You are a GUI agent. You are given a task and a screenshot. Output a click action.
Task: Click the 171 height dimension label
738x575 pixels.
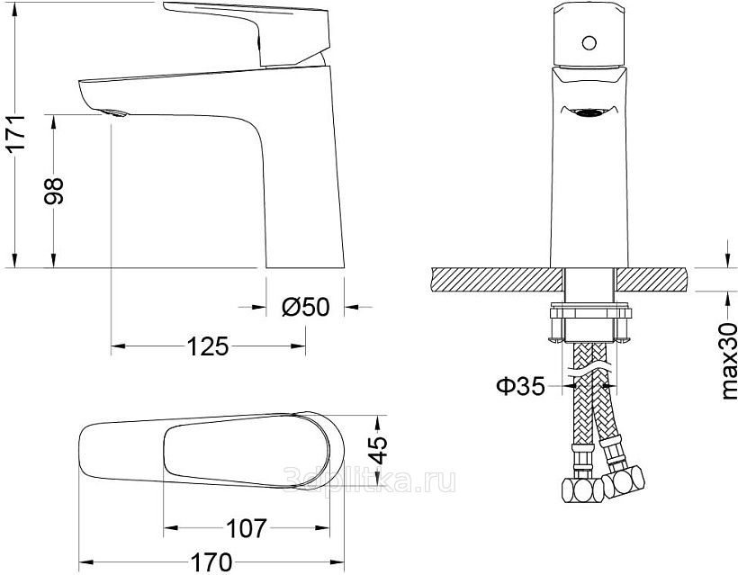tap(17, 133)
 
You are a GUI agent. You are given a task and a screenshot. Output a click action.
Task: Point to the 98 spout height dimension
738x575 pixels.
tap(53, 191)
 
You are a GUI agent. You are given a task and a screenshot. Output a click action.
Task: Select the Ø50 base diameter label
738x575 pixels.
tap(306, 307)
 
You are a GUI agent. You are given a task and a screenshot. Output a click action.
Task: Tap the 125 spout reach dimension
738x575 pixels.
tap(208, 346)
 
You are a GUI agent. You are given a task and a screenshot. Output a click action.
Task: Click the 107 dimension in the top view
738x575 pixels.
tap(247, 528)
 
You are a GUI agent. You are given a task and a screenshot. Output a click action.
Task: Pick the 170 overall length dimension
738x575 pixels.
tap(211, 562)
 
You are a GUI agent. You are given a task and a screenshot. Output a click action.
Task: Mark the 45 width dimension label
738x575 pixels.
tap(378, 450)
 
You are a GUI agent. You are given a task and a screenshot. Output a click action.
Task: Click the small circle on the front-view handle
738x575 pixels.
tap(589, 43)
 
